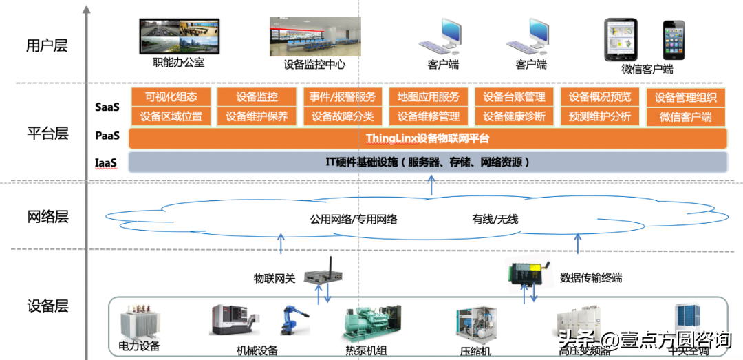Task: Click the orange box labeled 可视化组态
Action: coord(171,97)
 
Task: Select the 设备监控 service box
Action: coord(257,97)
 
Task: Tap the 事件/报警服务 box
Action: coord(343,97)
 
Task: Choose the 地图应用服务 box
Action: coord(428,97)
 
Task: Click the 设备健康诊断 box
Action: coord(514,116)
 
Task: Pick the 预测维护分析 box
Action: coord(600,116)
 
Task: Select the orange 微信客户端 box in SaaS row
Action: coord(685,116)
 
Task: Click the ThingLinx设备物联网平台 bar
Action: coord(427,138)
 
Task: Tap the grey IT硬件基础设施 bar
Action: coord(427,162)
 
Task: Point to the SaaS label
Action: coord(107,107)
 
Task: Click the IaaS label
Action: coord(106,163)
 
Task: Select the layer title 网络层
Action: coord(47,217)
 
